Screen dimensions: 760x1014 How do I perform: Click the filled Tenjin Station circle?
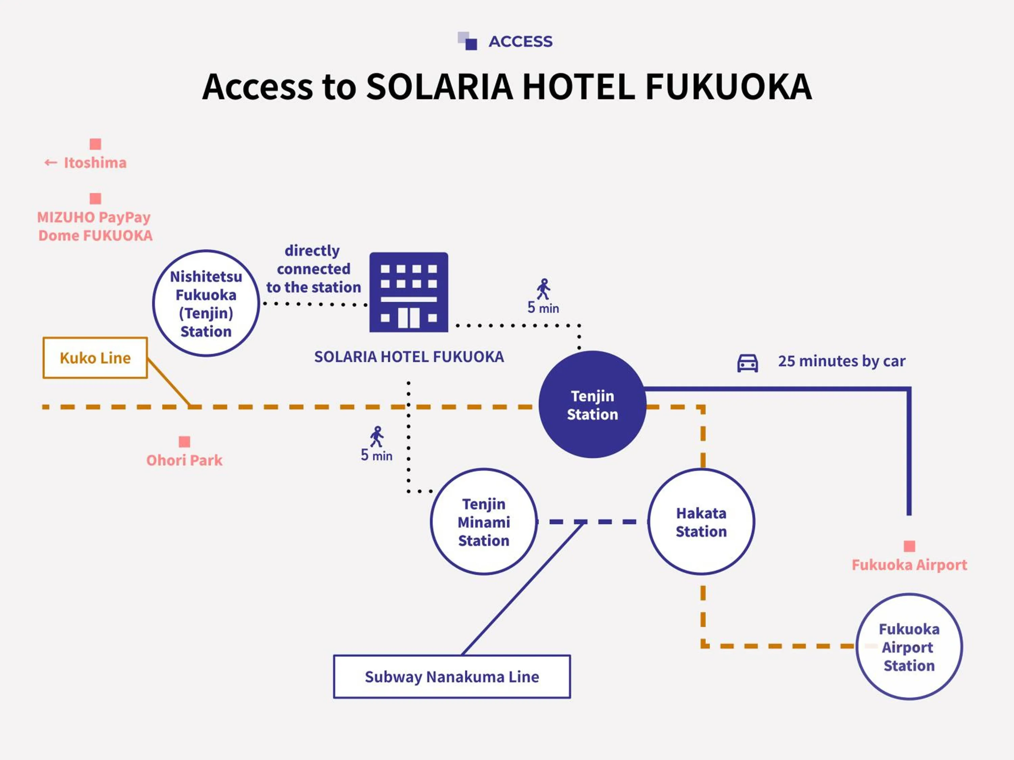pyautogui.click(x=592, y=405)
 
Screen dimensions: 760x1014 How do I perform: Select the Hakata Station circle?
pyautogui.click(x=701, y=522)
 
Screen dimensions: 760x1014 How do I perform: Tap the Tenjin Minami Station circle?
pyautogui.click(x=484, y=522)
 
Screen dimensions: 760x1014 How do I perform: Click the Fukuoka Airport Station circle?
pyautogui.click(x=909, y=647)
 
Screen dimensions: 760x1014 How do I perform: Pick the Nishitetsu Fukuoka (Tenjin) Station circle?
pyautogui.click(x=206, y=303)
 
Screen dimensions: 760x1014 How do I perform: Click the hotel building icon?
pyautogui.click(x=408, y=292)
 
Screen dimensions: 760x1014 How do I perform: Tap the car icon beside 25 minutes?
pyautogui.click(x=747, y=363)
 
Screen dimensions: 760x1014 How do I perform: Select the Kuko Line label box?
pyautogui.click(x=95, y=358)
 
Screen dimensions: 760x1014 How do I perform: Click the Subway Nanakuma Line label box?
pyautogui.click(x=452, y=677)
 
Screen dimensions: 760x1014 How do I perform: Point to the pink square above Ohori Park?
pyautogui.click(x=184, y=441)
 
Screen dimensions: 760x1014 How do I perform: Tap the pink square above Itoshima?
pyautogui.click(x=95, y=144)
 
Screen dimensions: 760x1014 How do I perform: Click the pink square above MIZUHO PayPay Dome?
pyautogui.click(x=95, y=198)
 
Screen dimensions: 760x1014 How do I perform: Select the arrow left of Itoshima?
pyautogui.click(x=50, y=162)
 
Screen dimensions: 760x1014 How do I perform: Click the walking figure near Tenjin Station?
pyautogui.click(x=544, y=289)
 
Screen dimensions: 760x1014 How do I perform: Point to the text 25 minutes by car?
pyautogui.click(x=841, y=361)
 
